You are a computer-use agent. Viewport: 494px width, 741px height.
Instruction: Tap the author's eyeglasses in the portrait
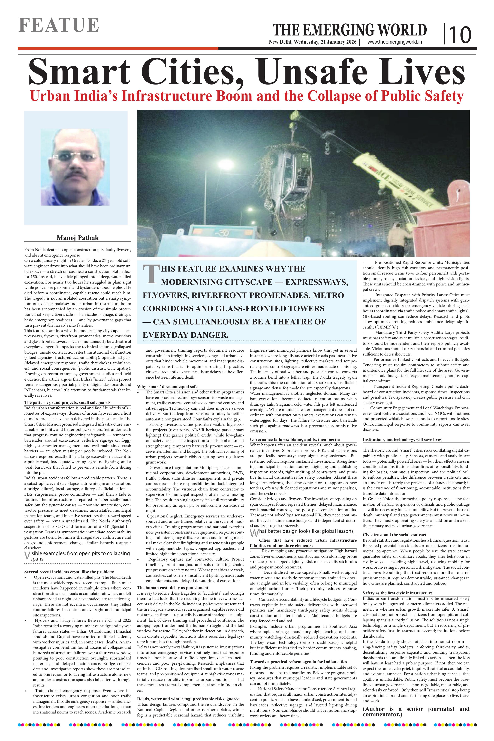(75, 157)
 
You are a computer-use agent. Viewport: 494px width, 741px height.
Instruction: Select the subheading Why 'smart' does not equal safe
(167, 387)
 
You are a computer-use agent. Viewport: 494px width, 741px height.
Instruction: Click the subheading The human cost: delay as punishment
(173, 588)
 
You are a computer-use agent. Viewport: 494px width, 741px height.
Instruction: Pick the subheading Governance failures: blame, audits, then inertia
(295, 439)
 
